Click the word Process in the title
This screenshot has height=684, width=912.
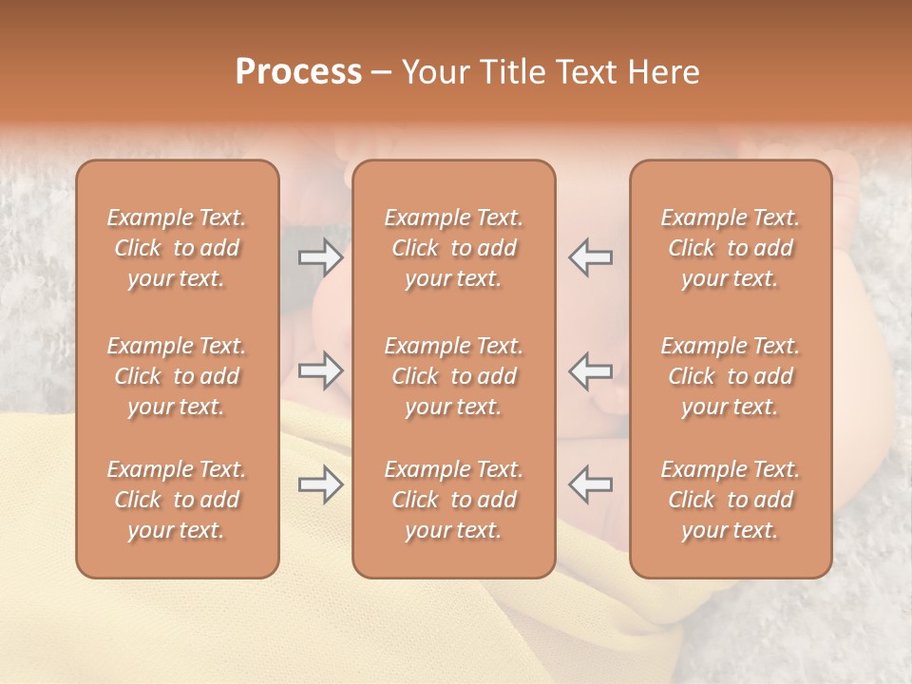tap(298, 72)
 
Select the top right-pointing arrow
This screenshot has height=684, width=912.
tap(321, 257)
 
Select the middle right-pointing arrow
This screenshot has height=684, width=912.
tap(321, 370)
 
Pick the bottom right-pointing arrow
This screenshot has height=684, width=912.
tap(321, 485)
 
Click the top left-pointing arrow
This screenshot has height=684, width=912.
tap(590, 257)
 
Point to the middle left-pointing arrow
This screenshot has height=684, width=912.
tap(590, 370)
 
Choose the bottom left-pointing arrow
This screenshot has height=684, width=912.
tap(590, 485)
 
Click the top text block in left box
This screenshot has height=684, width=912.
tap(177, 248)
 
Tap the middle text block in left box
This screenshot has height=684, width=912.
tap(177, 376)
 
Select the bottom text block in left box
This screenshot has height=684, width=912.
tap(177, 500)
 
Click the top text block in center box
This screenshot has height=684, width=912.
tap(454, 248)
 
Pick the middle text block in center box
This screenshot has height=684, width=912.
tap(454, 376)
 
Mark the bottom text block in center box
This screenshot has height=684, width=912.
tap(454, 500)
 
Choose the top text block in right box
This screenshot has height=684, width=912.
tap(731, 248)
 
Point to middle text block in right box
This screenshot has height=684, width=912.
tap(731, 376)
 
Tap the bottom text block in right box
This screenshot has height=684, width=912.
tap(731, 500)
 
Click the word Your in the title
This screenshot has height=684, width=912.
tap(434, 72)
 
